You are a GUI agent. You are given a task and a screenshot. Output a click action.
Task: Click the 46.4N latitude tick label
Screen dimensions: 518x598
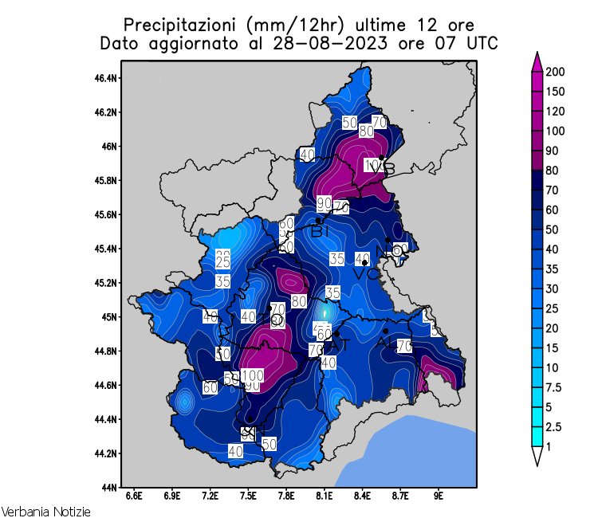(107, 78)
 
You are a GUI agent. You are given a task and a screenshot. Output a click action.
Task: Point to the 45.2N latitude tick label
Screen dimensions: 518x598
(107, 283)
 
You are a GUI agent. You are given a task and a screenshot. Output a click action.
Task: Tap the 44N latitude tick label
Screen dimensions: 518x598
(110, 487)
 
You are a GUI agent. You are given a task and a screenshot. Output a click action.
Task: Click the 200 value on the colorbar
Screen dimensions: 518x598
(556, 73)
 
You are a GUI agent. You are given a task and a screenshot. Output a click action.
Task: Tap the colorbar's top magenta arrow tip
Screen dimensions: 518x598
(537, 54)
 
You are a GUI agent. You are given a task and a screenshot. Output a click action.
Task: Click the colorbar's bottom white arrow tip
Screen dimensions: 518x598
(537, 465)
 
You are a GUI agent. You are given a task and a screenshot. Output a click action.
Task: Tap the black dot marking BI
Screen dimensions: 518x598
(318, 221)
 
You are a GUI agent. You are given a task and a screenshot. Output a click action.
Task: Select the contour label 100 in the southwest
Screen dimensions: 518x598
(253, 375)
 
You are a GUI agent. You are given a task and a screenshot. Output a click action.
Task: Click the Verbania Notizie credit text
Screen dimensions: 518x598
(45, 511)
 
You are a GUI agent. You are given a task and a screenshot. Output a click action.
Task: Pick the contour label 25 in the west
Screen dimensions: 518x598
(223, 262)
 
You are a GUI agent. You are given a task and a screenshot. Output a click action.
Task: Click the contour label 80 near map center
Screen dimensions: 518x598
(299, 301)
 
